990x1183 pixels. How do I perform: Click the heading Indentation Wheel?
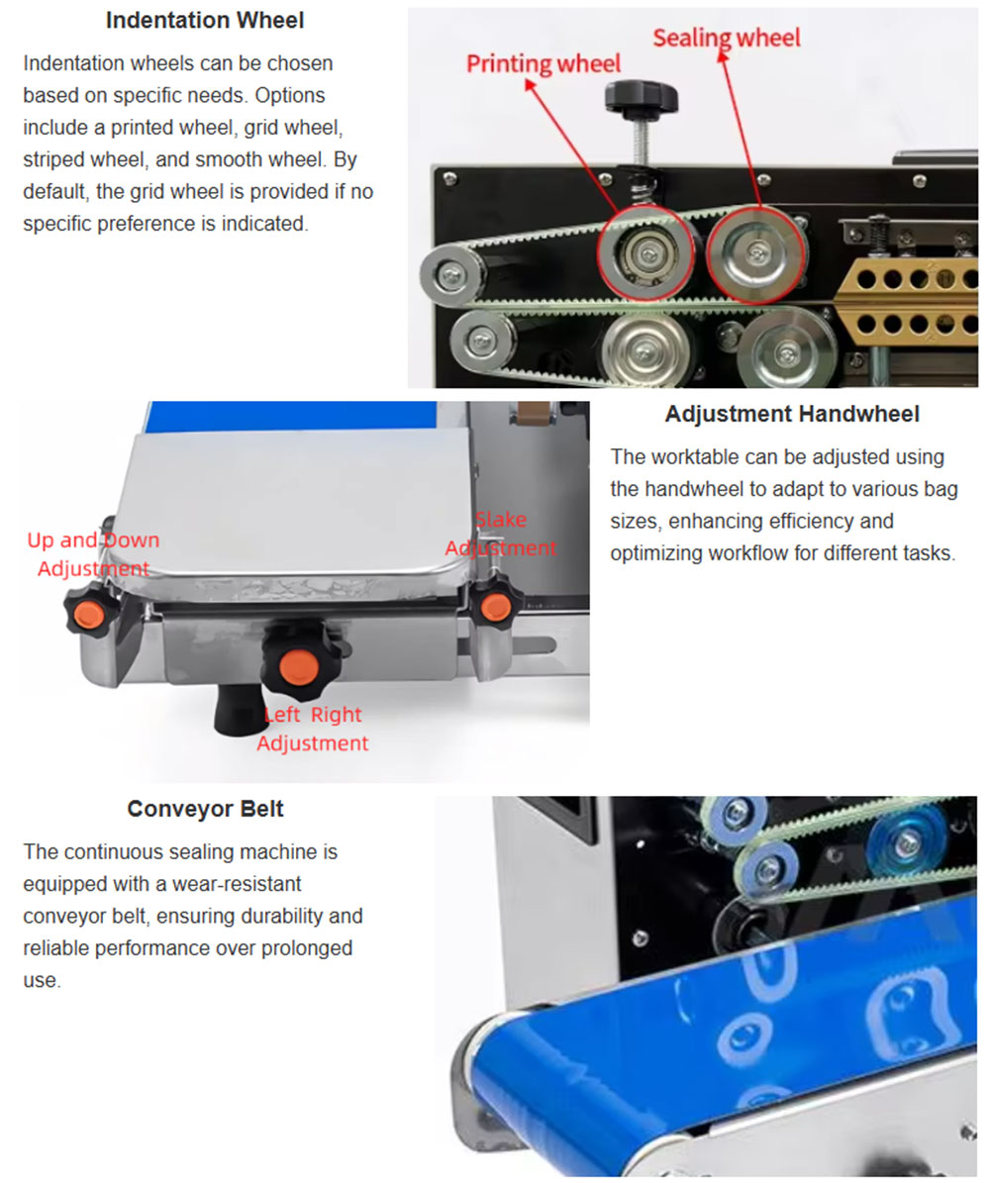tap(205, 21)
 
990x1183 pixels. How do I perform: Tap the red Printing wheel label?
tap(544, 64)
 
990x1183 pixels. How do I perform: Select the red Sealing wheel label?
tap(726, 38)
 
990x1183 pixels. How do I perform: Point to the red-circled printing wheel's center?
tap(645, 252)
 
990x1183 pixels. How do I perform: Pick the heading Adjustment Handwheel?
tap(792, 414)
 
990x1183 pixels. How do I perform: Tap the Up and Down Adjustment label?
tap(94, 553)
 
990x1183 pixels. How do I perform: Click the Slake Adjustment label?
tap(500, 534)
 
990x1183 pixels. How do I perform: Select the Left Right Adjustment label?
tap(313, 729)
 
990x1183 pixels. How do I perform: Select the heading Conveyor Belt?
tap(205, 809)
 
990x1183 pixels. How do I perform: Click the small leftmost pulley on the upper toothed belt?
tap(452, 274)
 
